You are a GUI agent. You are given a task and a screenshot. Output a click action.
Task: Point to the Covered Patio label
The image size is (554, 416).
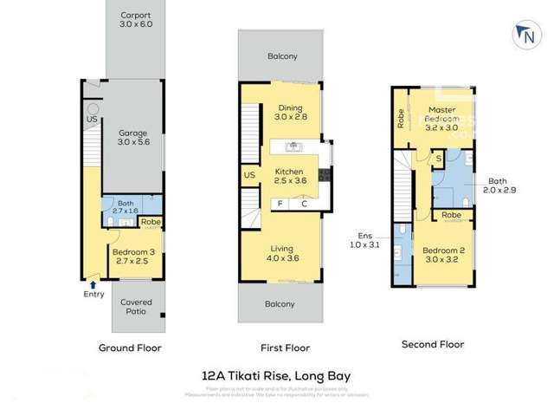137,307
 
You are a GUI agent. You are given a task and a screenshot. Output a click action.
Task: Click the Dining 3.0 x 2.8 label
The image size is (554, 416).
291,111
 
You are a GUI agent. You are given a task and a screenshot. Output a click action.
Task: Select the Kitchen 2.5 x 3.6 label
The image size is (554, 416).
291,176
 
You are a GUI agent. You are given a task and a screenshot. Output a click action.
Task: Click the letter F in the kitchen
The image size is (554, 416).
280,205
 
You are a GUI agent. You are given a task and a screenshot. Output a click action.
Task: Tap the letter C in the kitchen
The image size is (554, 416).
304,205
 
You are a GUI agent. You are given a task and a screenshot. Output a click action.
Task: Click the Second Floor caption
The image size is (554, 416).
433,344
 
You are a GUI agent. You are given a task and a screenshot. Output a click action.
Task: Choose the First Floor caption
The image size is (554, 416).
286,348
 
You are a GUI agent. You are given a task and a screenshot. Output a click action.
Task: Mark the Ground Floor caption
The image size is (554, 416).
130,348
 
